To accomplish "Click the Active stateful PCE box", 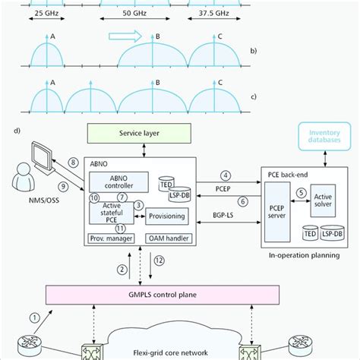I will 112,210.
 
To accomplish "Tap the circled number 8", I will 73,161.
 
